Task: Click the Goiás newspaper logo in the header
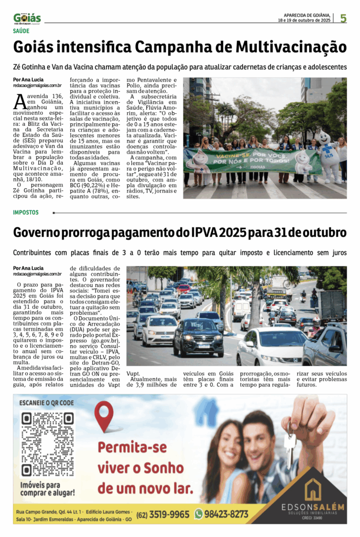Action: tap(27, 18)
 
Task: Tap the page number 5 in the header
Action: tap(343, 18)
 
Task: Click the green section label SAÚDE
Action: tap(21, 31)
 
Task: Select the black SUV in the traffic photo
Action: tap(198, 336)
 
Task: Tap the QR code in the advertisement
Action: tap(47, 444)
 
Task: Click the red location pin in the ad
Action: tap(104, 416)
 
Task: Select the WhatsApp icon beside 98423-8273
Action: tap(199, 514)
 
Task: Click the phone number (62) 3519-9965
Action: tap(163, 514)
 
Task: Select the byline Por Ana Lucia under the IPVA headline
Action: tap(28, 268)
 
